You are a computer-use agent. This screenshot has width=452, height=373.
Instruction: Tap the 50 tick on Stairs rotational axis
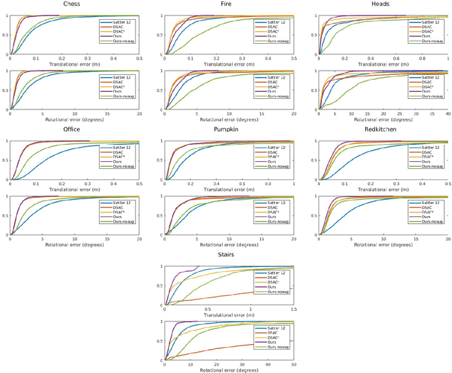coord(293,364)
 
